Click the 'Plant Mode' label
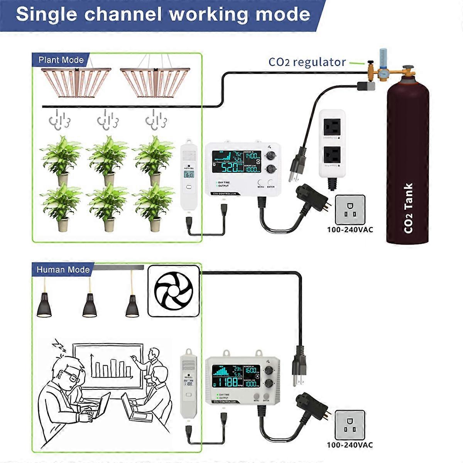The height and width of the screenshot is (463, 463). coord(61,60)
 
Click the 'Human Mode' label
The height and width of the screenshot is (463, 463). coord(63,270)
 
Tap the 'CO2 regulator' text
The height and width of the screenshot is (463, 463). coord(307,62)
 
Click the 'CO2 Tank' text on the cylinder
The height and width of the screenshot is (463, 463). coord(408,208)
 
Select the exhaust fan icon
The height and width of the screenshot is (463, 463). coord(173,290)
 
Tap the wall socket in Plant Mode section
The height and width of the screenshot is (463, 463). coord(350,210)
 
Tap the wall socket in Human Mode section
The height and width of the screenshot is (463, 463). coord(350,425)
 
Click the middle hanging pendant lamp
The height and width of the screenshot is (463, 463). coord(90,305)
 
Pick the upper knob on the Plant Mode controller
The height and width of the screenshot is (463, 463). coord(271,155)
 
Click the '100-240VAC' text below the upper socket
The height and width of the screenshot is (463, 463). coord(350,230)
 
